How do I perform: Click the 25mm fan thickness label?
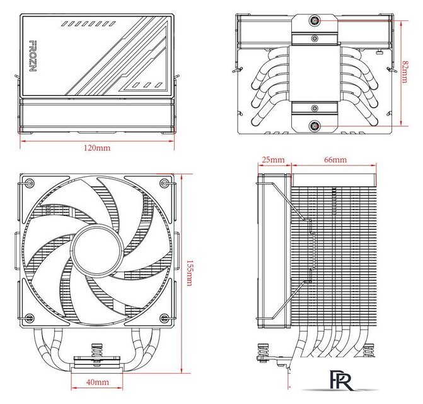point(272,160)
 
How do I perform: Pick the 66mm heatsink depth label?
point(335,160)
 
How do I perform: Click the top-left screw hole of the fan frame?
point(28,184)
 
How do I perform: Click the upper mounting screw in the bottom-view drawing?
point(314,21)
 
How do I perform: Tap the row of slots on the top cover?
point(85,25)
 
